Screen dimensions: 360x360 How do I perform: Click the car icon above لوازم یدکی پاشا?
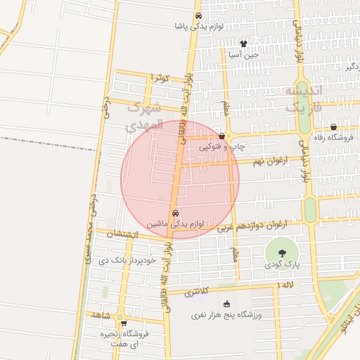(x=199, y=15)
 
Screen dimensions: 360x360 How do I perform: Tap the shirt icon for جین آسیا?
(x=244, y=43)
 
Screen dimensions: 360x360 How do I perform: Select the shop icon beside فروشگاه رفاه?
(x=333, y=127)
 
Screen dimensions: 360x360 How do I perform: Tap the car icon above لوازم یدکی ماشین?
(x=175, y=213)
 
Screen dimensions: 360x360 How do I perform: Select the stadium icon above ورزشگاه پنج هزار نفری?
(x=226, y=304)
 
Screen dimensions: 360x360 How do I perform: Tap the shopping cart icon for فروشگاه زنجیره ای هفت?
(x=124, y=324)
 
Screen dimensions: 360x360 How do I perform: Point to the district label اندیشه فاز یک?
(x=303, y=100)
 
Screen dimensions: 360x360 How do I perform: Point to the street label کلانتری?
(x=198, y=291)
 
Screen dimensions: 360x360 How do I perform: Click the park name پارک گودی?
(x=282, y=266)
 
